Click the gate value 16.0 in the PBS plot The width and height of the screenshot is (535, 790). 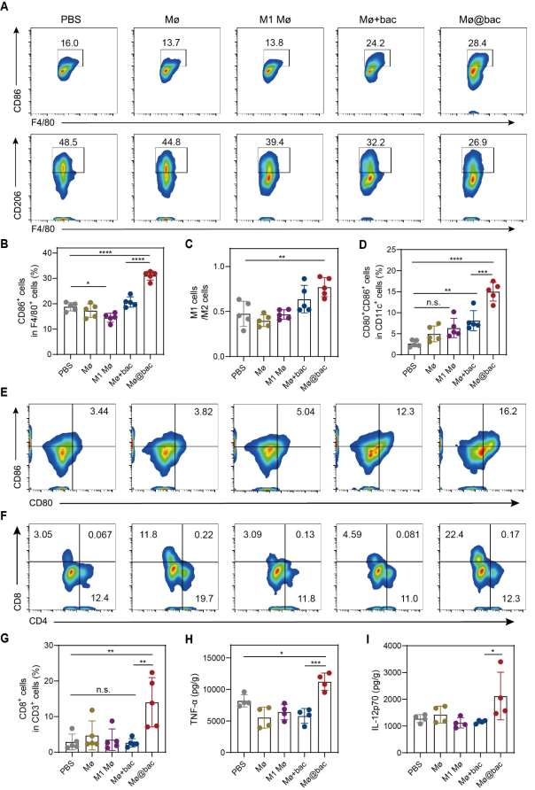click(68, 43)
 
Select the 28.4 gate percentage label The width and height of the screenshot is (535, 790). click(479, 42)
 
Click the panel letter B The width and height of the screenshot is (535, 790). click(8, 253)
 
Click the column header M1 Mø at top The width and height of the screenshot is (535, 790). click(272, 17)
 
